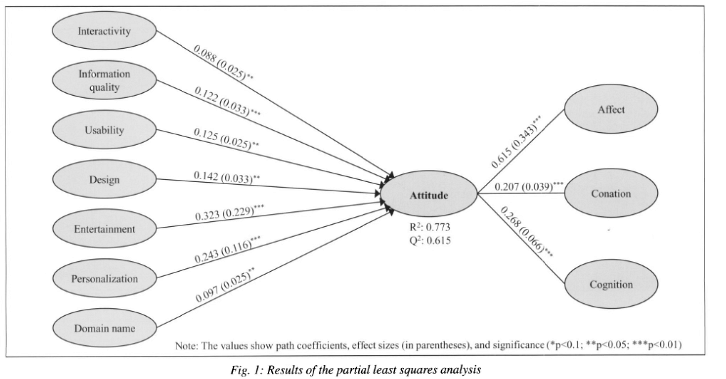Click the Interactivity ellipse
pos(104,32)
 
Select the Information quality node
pos(104,80)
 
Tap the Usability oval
pos(104,130)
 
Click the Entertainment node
pos(104,229)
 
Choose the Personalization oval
pos(104,279)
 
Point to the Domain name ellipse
pos(104,328)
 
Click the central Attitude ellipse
pos(429,195)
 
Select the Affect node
pos(611,109)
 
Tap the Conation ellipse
pos(611,193)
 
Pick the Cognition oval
pos(611,285)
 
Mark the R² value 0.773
pos(429,228)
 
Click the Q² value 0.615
pos(429,240)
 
